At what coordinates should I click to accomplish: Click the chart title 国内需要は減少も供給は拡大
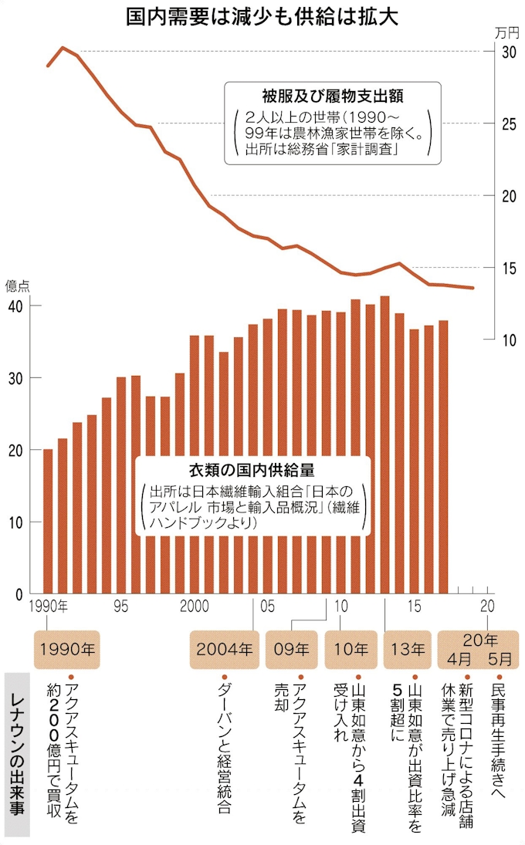262,17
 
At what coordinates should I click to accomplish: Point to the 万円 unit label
506,32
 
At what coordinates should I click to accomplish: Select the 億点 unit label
18,286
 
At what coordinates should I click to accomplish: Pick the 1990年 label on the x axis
49,607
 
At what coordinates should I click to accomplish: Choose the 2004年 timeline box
224,649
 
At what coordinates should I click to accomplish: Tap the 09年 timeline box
291,649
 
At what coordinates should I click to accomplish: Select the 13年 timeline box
407,649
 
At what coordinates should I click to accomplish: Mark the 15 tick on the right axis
508,268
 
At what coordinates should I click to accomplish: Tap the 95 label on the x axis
120,607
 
